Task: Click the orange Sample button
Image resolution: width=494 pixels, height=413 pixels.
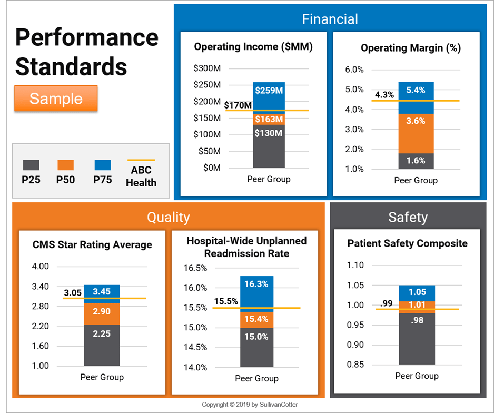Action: pyautogui.click(x=56, y=99)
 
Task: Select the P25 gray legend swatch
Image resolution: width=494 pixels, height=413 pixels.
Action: pyautogui.click(x=31, y=165)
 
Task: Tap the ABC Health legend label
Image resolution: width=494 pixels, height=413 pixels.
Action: pyautogui.click(x=141, y=177)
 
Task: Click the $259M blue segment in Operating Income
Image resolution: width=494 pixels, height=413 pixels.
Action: pyautogui.click(x=269, y=90)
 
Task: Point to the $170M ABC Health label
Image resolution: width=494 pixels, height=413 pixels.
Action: pyautogui.click(x=238, y=105)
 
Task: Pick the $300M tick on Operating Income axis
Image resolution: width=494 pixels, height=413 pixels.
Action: pyautogui.click(x=207, y=68)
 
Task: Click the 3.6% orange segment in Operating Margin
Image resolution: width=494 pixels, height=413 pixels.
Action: pyautogui.click(x=416, y=121)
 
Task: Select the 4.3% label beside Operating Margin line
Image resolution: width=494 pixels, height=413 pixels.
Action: pyautogui.click(x=384, y=95)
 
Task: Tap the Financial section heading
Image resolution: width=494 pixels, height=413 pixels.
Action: pyautogui.click(x=330, y=19)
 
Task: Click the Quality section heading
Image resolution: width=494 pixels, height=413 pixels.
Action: pyautogui.click(x=168, y=217)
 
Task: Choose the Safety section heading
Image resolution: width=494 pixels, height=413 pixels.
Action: pyautogui.click(x=408, y=217)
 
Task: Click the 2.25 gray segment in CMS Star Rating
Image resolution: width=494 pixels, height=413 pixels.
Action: pyautogui.click(x=102, y=333)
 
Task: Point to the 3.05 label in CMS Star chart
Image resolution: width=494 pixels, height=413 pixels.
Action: pyautogui.click(x=73, y=293)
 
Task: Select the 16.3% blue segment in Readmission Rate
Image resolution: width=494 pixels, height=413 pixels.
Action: pyautogui.click(x=256, y=284)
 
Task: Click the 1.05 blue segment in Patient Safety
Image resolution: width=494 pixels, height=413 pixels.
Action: pyautogui.click(x=417, y=292)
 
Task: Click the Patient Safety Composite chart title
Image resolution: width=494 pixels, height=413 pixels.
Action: pyautogui.click(x=407, y=243)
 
